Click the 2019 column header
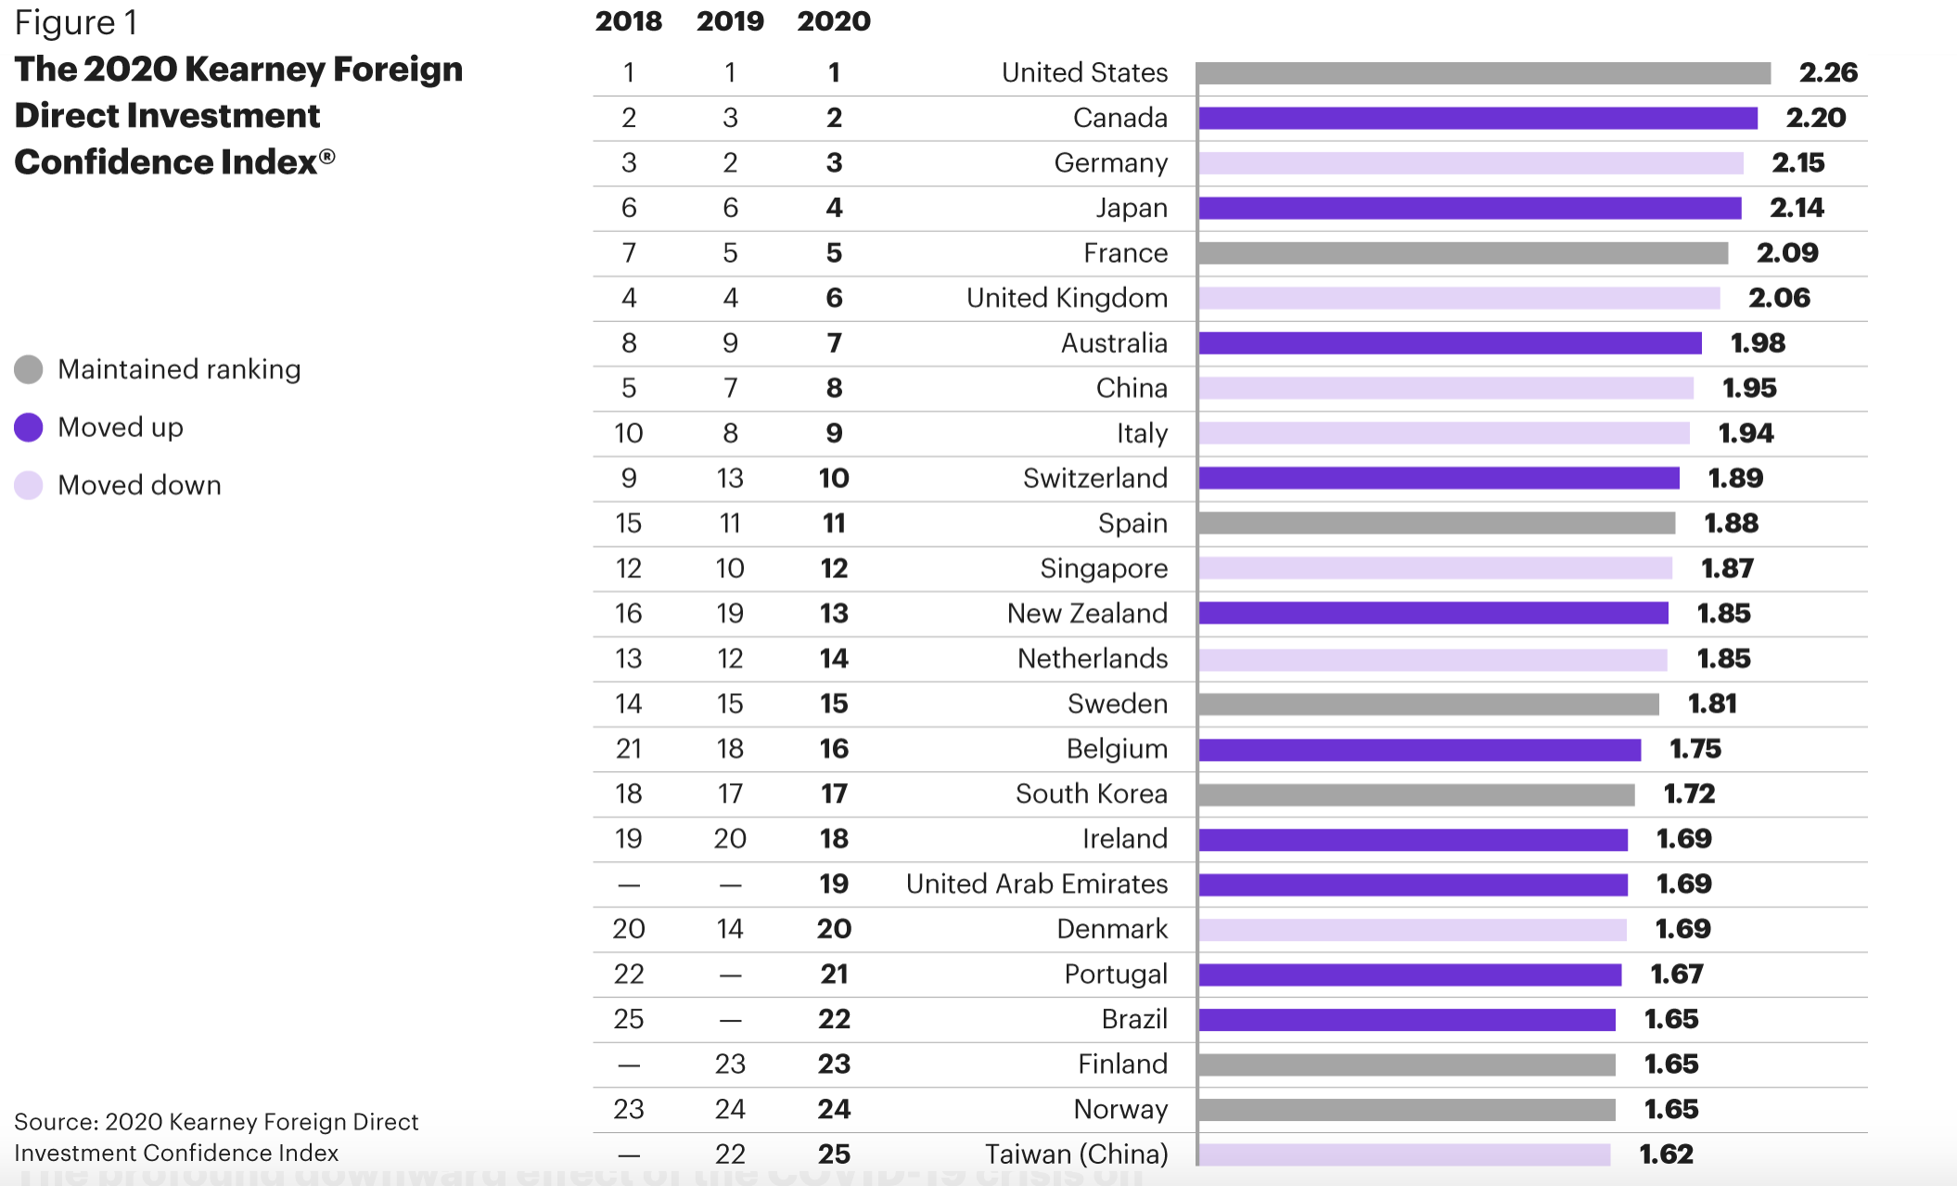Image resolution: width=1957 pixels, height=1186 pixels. (730, 21)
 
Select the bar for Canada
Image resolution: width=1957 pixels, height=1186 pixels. (1477, 118)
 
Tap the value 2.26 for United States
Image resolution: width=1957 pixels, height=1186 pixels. (1827, 72)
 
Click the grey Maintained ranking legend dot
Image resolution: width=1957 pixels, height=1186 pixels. (29, 369)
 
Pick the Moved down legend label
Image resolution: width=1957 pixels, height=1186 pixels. (139, 485)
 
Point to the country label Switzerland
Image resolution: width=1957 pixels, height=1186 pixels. (1094, 478)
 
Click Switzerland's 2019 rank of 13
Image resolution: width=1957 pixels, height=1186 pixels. (730, 478)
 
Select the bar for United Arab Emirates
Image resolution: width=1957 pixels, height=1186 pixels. (1413, 884)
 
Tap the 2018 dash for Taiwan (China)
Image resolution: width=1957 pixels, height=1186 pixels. (629, 1155)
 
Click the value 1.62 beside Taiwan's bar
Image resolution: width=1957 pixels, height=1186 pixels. (1666, 1154)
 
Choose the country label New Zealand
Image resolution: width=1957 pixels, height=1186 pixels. (1087, 613)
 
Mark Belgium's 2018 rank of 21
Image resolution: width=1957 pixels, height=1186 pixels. (629, 749)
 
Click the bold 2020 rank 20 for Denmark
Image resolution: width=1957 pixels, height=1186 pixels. (834, 929)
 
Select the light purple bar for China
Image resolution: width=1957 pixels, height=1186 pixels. (1445, 388)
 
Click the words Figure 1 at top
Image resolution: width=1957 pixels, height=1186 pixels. (76, 22)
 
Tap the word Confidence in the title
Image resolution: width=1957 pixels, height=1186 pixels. (102, 162)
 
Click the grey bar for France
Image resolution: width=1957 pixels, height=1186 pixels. (1463, 253)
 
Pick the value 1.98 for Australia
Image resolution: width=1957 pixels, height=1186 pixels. (1757, 343)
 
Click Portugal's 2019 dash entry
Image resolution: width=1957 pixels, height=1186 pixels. (730, 975)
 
